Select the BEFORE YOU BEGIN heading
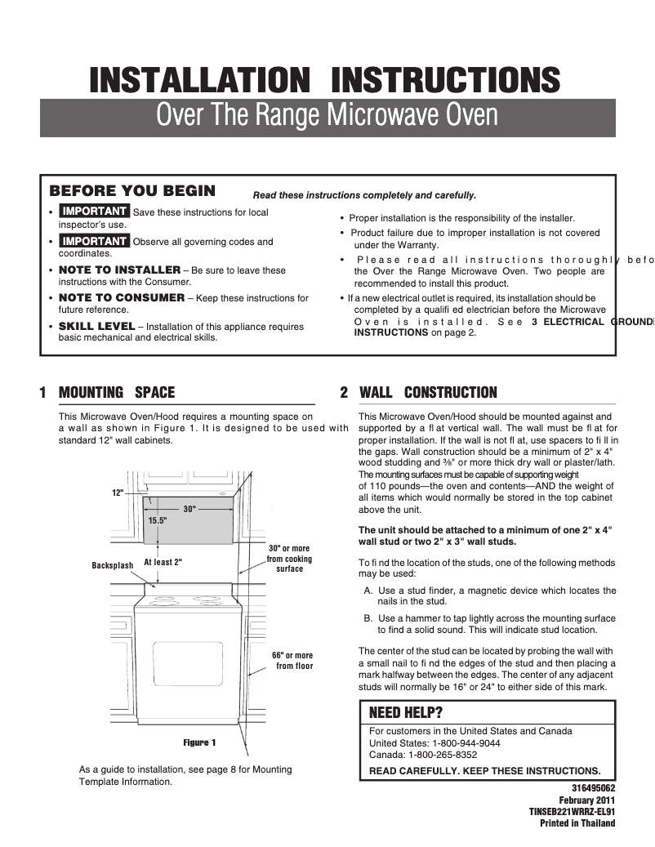pos(132,191)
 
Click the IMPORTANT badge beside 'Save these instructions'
pos(95,212)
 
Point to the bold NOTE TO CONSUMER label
pos(122,298)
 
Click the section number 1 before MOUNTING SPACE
pos(42,393)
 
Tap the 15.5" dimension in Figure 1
pos(158,519)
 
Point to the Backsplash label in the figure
pos(112,565)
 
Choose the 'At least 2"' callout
pos(163,562)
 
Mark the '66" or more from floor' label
pos(292,661)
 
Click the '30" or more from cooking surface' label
pos(289,559)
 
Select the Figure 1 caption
pos(199,742)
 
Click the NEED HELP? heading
pos(406,711)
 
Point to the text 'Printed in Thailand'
pos(577,822)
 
